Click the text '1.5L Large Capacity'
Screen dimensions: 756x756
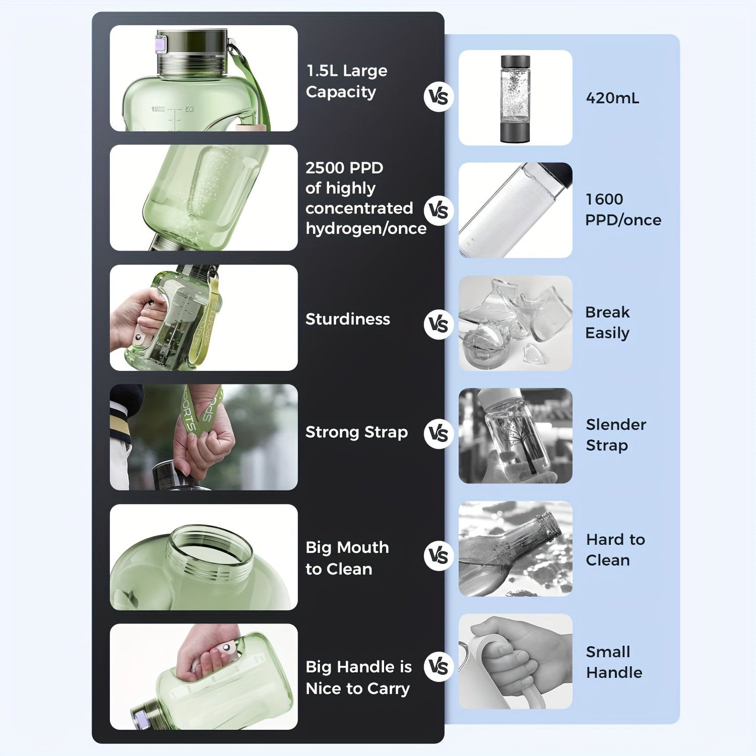(346, 81)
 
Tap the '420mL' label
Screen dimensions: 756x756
(612, 98)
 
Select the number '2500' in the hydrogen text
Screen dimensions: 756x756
(323, 168)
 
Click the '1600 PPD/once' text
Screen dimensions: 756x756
(623, 209)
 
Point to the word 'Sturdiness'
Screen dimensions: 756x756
(347, 319)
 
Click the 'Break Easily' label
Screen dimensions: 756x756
(607, 322)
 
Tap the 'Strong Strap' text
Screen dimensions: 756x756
(356, 432)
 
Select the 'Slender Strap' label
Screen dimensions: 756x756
(616, 435)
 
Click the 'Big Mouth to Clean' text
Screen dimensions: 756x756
(347, 558)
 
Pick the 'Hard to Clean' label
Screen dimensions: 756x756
(615, 549)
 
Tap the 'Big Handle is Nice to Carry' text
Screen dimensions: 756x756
(358, 678)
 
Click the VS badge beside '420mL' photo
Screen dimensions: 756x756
(438, 97)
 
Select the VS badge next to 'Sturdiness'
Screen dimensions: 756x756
(438, 324)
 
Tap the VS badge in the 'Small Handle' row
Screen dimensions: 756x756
(438, 667)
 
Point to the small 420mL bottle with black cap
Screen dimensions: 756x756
(515, 98)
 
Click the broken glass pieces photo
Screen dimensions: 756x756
(515, 323)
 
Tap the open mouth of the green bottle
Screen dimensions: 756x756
(209, 547)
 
